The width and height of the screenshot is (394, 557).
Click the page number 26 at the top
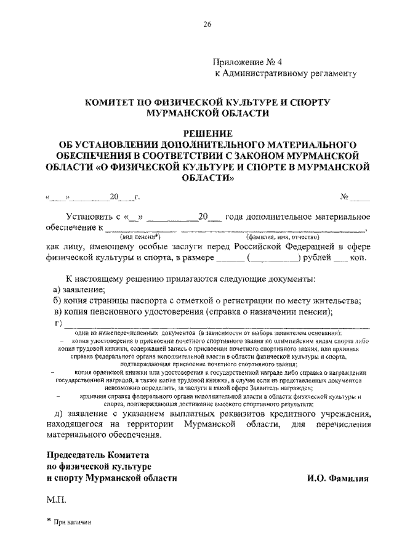(207, 25)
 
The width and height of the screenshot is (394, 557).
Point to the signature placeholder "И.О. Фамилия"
(337, 477)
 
